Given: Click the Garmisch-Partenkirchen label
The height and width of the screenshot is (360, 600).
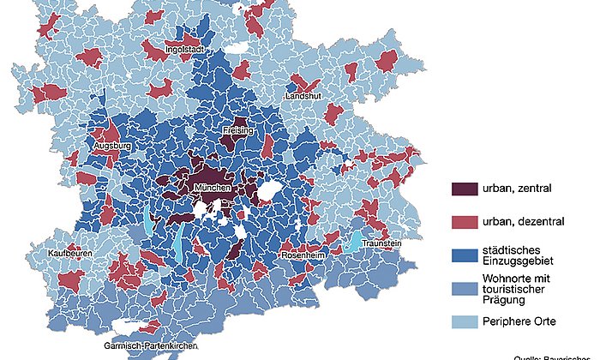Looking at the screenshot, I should tap(151, 345).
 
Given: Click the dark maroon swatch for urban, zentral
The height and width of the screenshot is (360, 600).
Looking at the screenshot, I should tap(464, 189).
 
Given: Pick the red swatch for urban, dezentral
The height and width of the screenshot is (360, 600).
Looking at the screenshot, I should tap(464, 222).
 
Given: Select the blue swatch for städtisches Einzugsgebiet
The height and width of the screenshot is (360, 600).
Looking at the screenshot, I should tap(464, 255).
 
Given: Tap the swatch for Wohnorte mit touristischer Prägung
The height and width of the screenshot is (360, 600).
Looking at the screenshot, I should tap(464, 287).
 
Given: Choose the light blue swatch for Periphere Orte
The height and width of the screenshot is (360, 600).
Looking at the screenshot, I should tap(464, 321).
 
